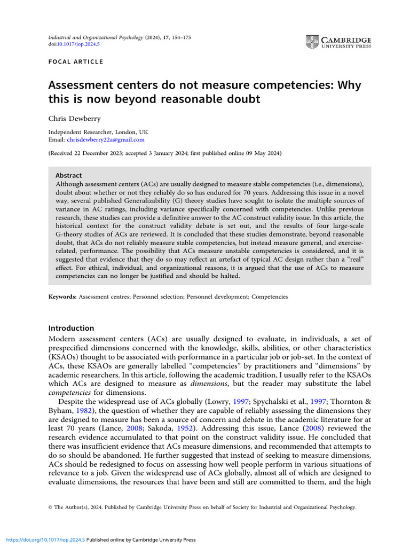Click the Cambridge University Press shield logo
pyautogui.click(x=312, y=42)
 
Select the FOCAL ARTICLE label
pyautogui.click(x=75, y=62)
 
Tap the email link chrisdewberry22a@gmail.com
pyautogui.click(x=106, y=139)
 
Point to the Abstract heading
pyautogui.click(x=68, y=175)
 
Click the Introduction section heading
pyautogui.click(x=71, y=328)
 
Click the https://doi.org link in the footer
pyautogui.click(x=43, y=540)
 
